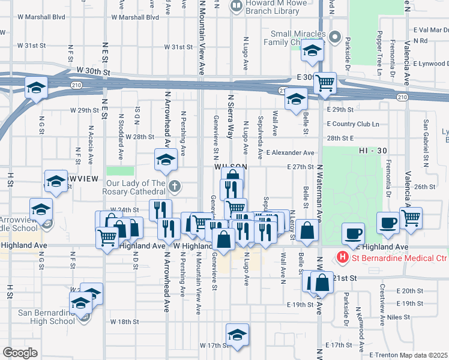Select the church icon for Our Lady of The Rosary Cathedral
(174, 185)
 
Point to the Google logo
(20, 353)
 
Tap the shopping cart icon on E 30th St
(325, 82)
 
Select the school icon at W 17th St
(237, 334)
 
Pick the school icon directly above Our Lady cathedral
(166, 159)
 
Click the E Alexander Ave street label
(292, 153)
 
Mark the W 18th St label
(124, 322)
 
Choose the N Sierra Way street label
(230, 116)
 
